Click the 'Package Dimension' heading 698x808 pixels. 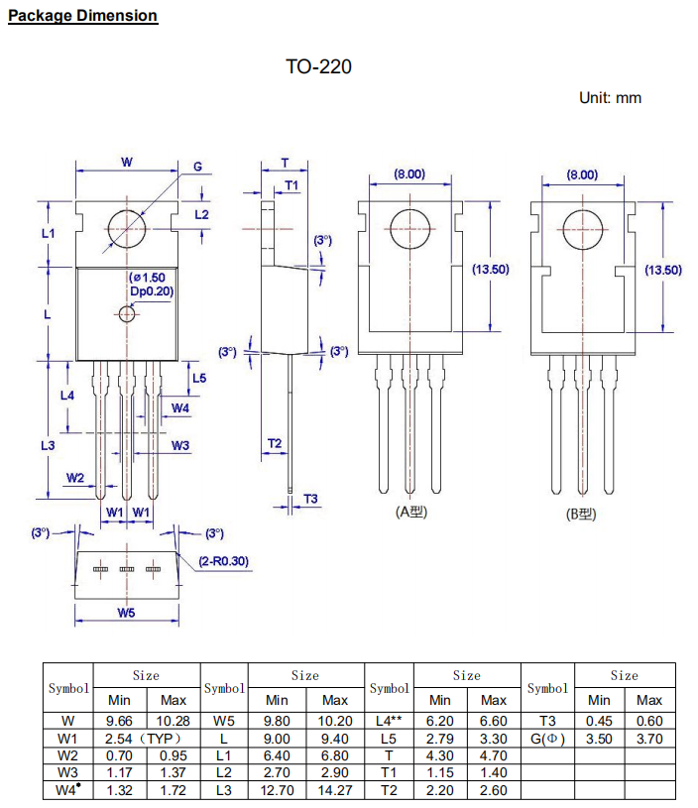pyautogui.click(x=82, y=16)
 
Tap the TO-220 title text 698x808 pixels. pyautogui.click(x=318, y=67)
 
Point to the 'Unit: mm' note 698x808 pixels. pyautogui.click(x=610, y=97)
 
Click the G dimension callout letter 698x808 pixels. pyautogui.click(x=197, y=167)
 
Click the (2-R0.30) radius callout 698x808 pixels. pyautogui.click(x=223, y=561)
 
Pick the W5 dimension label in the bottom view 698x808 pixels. pyautogui.click(x=125, y=613)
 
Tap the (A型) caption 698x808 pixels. pyautogui.click(x=410, y=512)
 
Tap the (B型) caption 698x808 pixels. pyautogui.click(x=580, y=514)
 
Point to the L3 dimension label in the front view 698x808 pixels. pyautogui.click(x=48, y=445)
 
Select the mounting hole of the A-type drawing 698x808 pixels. pyautogui.click(x=408, y=229)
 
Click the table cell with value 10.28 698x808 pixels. pyautogui.click(x=174, y=720)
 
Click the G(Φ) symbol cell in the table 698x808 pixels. pyautogui.click(x=547, y=740)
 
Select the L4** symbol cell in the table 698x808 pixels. pyautogui.click(x=389, y=720)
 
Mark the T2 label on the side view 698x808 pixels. pyautogui.click(x=275, y=442)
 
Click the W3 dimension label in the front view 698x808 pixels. pyautogui.click(x=179, y=446)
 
